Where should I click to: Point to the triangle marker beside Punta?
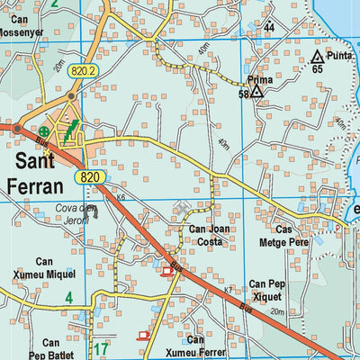click(316, 57)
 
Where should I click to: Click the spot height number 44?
click(269, 28)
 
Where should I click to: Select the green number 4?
click(68, 297)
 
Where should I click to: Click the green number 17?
click(102, 348)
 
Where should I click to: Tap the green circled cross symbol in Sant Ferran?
click(43, 131)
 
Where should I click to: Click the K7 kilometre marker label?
click(228, 290)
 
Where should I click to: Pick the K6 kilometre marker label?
click(120, 197)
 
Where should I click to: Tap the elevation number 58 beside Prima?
click(243, 94)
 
